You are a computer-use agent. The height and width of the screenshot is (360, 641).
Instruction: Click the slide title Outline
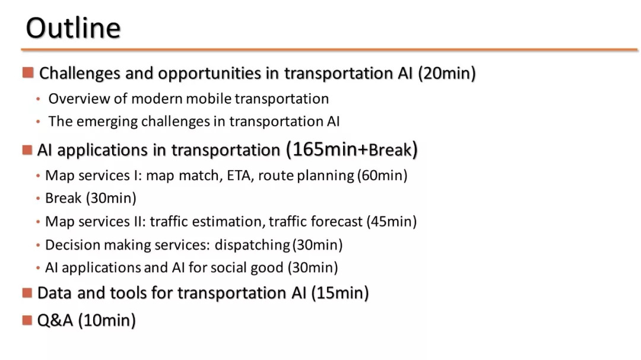point(73,28)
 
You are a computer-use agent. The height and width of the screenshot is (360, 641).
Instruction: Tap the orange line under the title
point(329,50)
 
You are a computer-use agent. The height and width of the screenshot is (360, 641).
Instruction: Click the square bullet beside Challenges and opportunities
point(28,73)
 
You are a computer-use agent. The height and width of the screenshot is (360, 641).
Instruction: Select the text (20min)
point(447,73)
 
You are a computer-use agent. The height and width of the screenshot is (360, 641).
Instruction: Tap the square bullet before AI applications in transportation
point(27,150)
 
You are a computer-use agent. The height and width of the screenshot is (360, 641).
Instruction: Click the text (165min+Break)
point(351,149)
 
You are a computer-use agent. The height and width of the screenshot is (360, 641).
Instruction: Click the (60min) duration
point(382,176)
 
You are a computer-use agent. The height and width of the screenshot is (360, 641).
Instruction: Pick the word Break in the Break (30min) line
point(63,198)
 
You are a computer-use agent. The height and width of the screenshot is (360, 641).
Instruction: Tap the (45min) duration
point(391,221)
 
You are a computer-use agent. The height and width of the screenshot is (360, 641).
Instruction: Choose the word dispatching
point(252,245)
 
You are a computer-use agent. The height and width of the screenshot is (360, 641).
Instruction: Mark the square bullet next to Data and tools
point(27,293)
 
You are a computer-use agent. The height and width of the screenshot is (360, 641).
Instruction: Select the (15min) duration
point(340,293)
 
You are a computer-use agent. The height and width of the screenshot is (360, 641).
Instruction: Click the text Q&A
point(55,320)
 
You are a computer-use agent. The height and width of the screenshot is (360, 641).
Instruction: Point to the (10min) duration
point(107,320)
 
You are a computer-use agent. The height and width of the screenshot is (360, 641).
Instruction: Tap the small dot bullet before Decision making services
point(38,245)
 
